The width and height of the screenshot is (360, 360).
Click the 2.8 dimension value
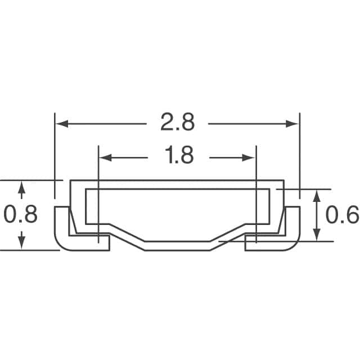tap(178, 122)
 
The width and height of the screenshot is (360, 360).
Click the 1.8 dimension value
tap(179, 155)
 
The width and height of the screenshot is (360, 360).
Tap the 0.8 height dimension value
tap(20, 214)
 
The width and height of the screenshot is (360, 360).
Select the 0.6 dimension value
tap(342, 215)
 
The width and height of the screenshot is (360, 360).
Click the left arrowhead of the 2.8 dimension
tap(62, 124)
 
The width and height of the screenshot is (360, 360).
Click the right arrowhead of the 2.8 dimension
tap(292, 124)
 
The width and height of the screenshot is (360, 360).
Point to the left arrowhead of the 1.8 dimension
tap(106, 157)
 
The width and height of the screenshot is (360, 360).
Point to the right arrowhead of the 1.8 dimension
tap(249, 157)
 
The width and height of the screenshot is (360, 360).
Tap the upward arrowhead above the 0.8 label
tap(21, 187)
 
